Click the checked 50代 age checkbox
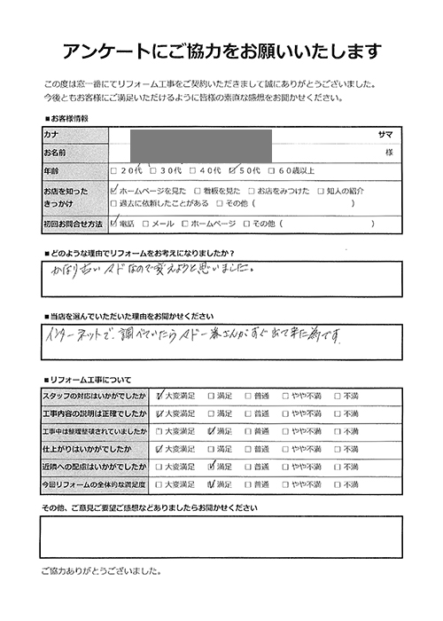(x=233, y=169)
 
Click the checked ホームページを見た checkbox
(x=113, y=189)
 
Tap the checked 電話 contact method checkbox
(x=113, y=224)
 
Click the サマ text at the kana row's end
(x=385, y=133)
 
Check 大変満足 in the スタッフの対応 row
(x=159, y=396)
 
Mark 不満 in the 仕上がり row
(x=338, y=448)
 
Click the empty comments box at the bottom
(x=221, y=536)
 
